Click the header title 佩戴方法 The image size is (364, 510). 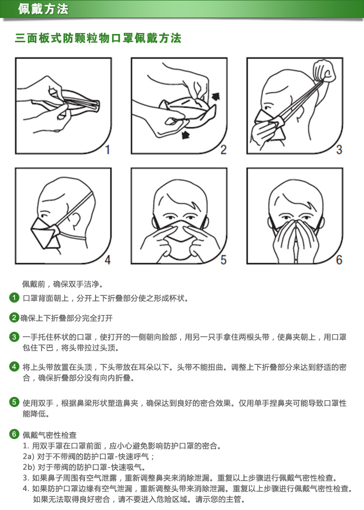[43, 9]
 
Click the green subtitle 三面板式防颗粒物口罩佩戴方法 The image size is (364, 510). [98, 38]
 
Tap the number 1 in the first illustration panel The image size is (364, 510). [108, 149]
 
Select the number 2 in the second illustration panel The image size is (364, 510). [223, 149]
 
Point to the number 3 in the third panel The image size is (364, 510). [339, 149]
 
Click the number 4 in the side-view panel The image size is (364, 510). [108, 259]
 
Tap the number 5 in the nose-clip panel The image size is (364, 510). [223, 259]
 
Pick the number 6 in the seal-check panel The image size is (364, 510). [339, 259]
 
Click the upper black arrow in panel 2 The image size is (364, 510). [215, 96]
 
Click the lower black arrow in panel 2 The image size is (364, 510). [185, 134]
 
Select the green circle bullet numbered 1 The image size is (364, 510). [14, 298]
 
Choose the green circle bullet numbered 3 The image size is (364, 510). [14, 337]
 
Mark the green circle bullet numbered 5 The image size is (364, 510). [14, 402]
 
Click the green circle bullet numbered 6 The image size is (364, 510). [14, 434]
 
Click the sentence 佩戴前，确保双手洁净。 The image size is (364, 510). [63, 284]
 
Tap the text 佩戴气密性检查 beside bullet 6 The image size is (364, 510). [50, 435]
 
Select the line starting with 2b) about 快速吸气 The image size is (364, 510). [84, 467]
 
